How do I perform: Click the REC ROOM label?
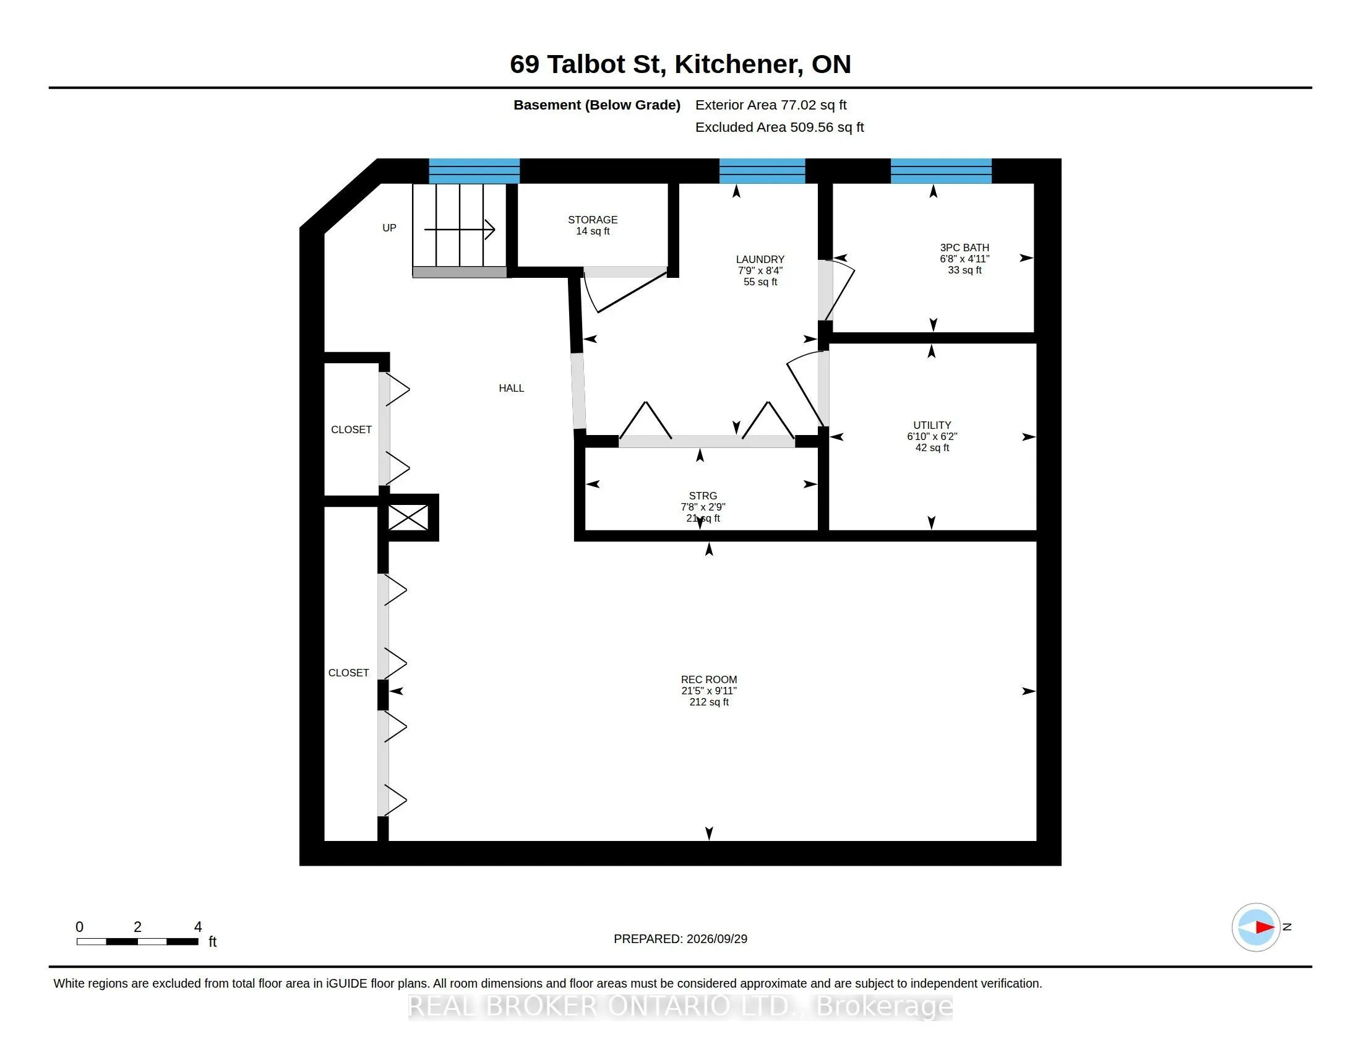(708, 691)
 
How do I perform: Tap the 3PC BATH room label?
(964, 259)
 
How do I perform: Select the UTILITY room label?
(932, 436)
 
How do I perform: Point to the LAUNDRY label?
(760, 270)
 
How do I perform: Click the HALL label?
(511, 388)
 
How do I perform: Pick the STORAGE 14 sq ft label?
(593, 225)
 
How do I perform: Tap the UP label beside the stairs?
(389, 228)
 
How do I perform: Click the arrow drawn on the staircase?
(460, 230)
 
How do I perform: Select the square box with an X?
(408, 517)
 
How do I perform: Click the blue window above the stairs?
(474, 171)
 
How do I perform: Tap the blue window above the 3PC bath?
(940, 171)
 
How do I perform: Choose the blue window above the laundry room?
(762, 171)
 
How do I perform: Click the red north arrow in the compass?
(1265, 928)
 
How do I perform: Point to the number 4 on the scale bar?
(198, 927)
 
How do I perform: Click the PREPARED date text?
(680, 939)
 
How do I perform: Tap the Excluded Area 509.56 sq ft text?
(779, 127)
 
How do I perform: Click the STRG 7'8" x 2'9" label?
(703, 507)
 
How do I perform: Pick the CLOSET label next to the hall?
(351, 429)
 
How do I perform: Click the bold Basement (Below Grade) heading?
(596, 105)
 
